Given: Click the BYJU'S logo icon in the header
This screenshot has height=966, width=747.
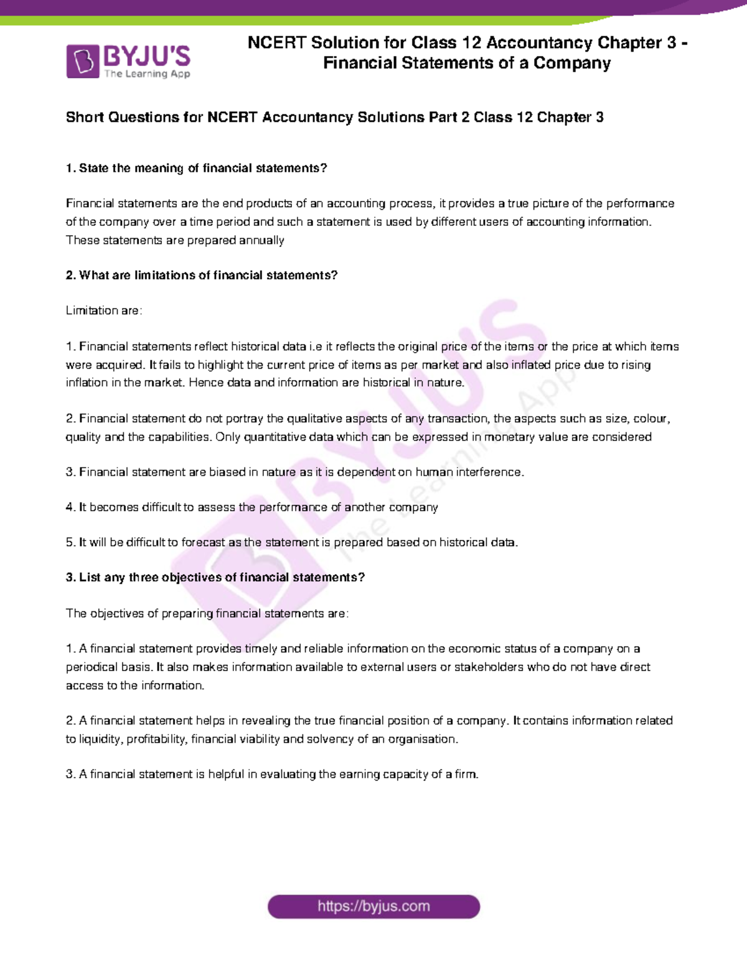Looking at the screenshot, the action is click(x=82, y=62).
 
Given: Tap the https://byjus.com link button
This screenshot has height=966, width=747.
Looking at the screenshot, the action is click(x=374, y=906).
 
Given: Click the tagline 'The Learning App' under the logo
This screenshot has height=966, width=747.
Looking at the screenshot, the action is click(x=147, y=74).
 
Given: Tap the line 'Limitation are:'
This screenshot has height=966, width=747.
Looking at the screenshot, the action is click(x=104, y=310).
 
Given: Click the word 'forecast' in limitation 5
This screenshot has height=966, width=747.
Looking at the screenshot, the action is click(x=203, y=542).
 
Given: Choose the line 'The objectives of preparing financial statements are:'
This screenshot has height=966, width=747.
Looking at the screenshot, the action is click(x=207, y=613).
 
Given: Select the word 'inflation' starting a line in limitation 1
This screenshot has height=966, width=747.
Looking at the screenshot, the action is click(x=87, y=383).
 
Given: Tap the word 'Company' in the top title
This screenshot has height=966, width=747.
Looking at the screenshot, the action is click(x=572, y=63).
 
